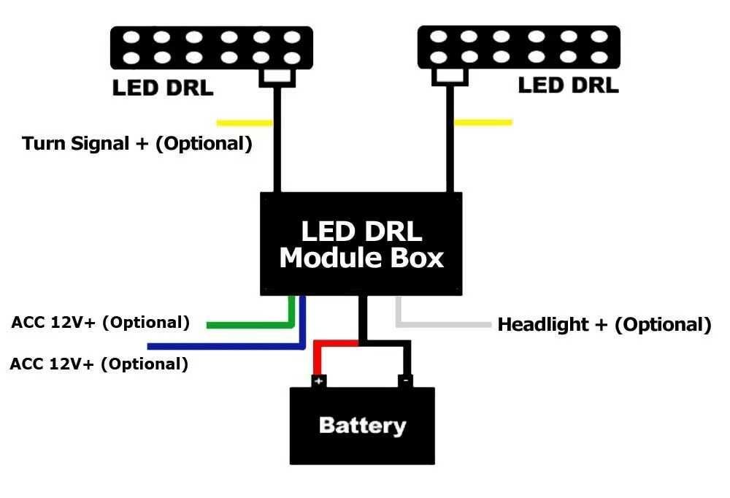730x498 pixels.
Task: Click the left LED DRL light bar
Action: click(211, 47)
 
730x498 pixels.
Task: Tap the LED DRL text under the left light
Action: click(162, 88)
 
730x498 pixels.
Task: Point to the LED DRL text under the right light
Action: click(568, 85)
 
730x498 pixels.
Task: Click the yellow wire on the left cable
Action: click(245, 123)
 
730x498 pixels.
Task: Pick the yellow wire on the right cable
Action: click(483, 122)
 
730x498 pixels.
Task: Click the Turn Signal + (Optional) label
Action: click(137, 143)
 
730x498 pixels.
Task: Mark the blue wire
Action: click(219, 345)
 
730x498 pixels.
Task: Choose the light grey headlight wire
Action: click(445, 323)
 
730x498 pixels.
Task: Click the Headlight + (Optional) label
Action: click(604, 324)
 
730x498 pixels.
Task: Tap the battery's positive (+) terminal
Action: click(319, 380)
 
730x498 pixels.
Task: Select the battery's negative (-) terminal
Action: click(406, 380)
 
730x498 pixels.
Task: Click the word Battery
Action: click(362, 426)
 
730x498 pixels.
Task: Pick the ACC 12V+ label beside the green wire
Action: click(101, 322)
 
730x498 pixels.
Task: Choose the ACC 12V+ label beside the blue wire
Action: click(99, 364)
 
